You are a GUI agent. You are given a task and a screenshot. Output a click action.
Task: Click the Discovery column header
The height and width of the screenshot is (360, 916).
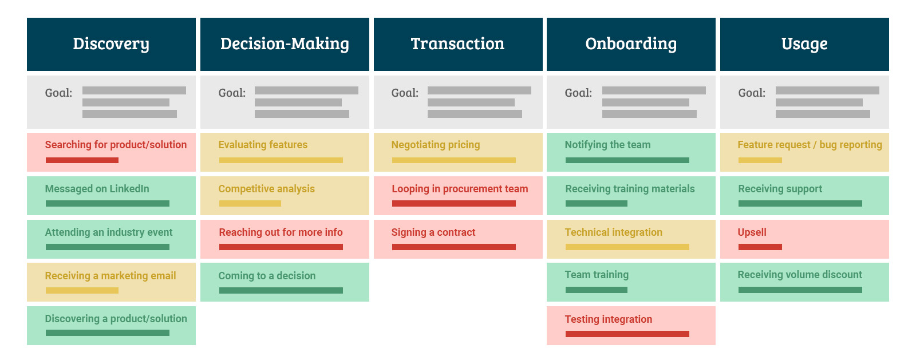[111, 44]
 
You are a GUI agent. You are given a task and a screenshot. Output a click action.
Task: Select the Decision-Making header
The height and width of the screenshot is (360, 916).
[285, 44]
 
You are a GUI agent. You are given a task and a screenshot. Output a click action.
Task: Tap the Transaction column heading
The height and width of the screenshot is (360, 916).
[458, 44]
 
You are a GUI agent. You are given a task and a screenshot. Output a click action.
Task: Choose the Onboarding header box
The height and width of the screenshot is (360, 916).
[631, 44]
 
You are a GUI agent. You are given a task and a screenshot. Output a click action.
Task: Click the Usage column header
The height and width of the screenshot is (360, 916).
[804, 44]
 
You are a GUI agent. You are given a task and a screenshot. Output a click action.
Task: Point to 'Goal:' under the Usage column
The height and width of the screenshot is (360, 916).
[752, 93]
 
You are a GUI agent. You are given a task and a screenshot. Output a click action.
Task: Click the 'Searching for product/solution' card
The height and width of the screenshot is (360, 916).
[111, 152]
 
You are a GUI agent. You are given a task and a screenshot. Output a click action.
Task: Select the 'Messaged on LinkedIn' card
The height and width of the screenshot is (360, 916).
[111, 196]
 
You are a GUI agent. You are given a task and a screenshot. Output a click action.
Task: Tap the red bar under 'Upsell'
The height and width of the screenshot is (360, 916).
[760, 247]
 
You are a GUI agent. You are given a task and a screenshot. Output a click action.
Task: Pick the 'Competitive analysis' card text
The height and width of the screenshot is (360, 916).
[267, 189]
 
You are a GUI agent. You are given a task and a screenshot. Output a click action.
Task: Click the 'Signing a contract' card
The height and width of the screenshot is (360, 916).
[458, 239]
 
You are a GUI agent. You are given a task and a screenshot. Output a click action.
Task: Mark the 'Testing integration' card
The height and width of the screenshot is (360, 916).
[631, 326]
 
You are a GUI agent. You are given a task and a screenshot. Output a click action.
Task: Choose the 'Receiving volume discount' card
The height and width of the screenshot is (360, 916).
[804, 282]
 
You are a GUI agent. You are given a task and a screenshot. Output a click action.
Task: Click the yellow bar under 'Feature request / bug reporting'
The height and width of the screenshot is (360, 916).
[760, 160]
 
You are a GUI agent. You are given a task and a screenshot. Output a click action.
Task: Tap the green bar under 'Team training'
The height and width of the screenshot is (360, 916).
[596, 290]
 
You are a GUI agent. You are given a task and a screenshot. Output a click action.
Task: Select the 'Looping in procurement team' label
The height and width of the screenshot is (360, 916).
[460, 189]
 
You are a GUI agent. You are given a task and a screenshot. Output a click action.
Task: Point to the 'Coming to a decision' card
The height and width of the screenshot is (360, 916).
[285, 282]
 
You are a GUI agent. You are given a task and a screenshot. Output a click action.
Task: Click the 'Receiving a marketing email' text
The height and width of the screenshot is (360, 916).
[110, 276]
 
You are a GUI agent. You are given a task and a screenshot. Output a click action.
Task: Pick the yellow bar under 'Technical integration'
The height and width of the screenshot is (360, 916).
[627, 247]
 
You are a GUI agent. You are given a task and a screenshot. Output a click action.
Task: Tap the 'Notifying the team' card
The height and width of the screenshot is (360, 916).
[631, 152]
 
